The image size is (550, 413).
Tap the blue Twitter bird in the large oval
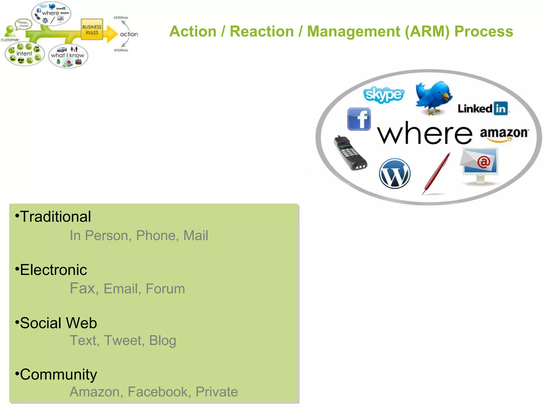click(x=433, y=97)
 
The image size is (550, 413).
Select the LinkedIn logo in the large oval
click(x=483, y=109)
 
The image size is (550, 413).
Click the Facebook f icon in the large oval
click(x=359, y=119)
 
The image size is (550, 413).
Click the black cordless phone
click(x=350, y=153)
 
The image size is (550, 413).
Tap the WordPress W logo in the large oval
click(x=395, y=173)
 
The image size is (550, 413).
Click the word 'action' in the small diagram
click(x=129, y=34)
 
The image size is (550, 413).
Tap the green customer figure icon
click(x=10, y=31)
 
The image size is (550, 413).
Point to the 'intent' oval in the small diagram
click(x=24, y=54)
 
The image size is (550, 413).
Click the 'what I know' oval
click(x=68, y=56)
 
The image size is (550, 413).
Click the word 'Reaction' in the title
click(x=262, y=31)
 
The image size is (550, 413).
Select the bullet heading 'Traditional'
click(x=55, y=216)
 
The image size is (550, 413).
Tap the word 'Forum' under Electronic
click(x=165, y=289)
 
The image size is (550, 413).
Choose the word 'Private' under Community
click(x=216, y=392)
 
